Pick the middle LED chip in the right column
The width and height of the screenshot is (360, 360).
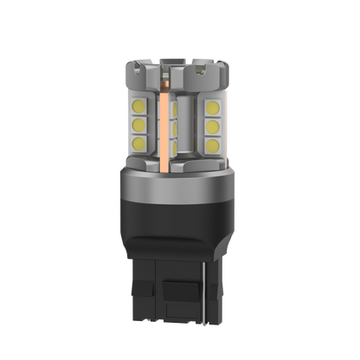click(212, 124)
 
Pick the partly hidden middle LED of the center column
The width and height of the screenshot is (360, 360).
click(177, 125)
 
